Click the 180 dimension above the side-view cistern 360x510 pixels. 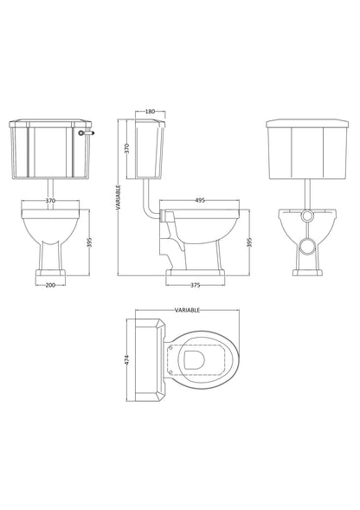(150, 112)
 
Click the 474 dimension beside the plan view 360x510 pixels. (128, 358)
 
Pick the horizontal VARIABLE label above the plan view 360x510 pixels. (188, 309)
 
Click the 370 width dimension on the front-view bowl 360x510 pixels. (50, 201)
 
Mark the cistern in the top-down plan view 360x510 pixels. (148, 358)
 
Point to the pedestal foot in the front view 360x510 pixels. (50, 274)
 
